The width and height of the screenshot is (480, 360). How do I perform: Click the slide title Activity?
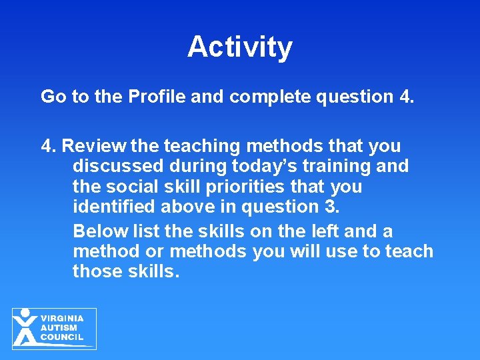[x=240, y=47]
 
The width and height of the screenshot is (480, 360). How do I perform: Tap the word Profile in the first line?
[x=157, y=97]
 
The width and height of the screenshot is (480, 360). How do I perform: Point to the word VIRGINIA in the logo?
[x=62, y=319]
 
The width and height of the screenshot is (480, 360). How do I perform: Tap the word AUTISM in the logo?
[x=59, y=328]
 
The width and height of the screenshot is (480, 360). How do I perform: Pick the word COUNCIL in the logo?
[x=62, y=337]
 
